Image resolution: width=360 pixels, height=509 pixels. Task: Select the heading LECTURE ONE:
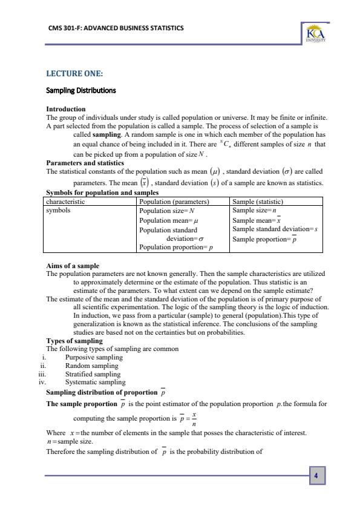[74, 74]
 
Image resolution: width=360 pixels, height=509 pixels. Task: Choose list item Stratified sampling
[93, 374]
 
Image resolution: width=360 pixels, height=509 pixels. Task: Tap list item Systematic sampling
[95, 382]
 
